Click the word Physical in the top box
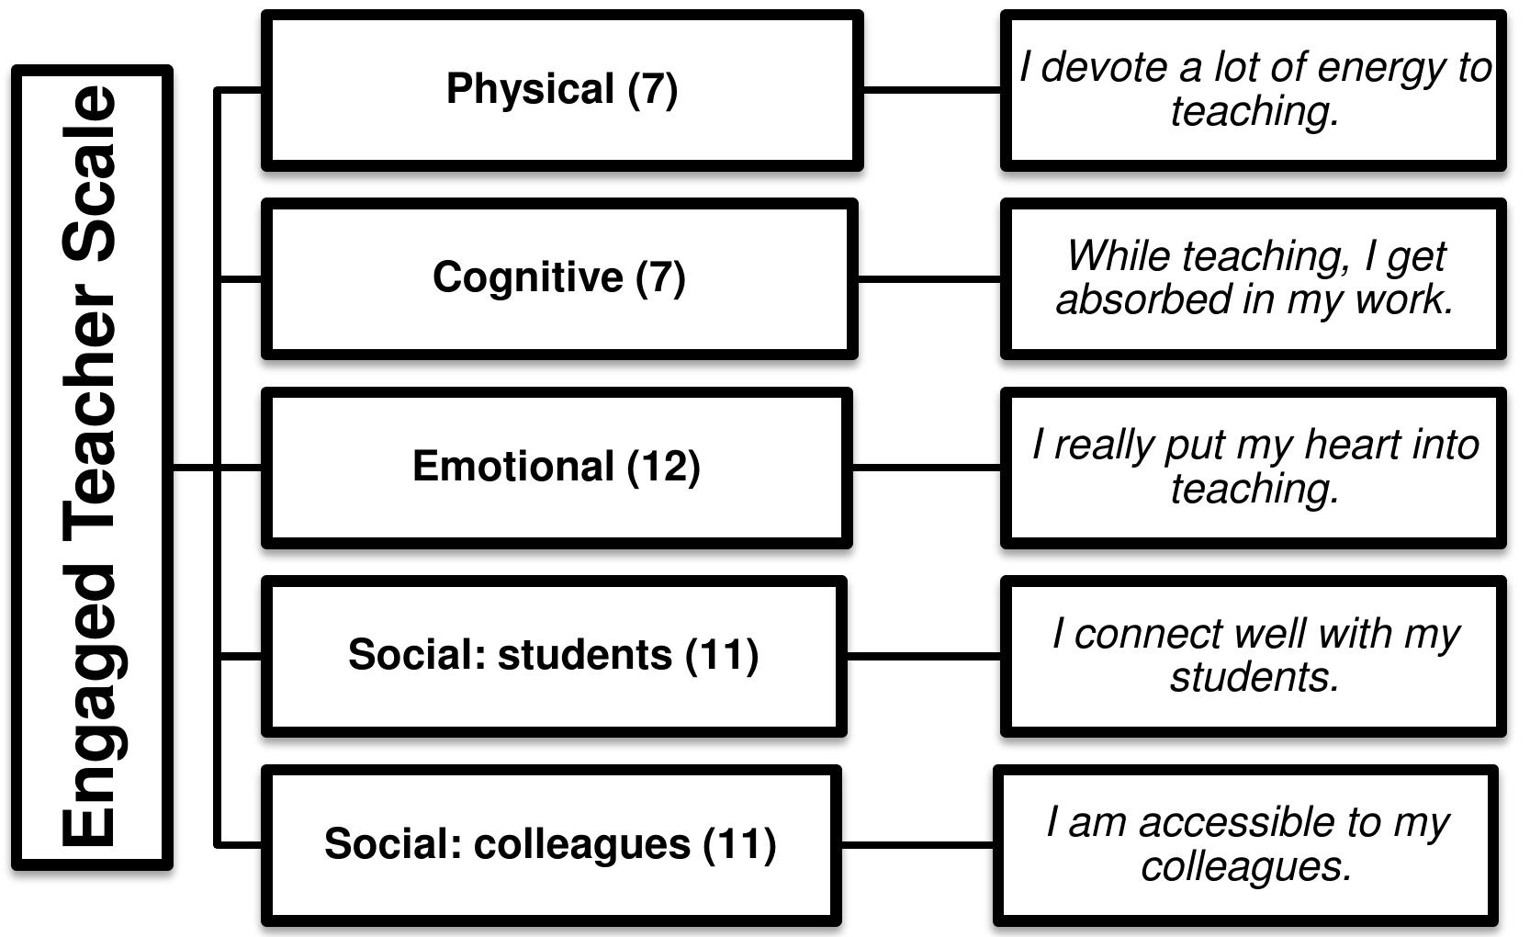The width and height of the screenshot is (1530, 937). (530, 89)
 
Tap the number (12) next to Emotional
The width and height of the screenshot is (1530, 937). (663, 466)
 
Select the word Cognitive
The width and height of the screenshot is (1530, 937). (527, 277)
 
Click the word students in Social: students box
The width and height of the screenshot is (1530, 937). (584, 655)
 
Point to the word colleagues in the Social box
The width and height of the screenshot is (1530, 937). (581, 844)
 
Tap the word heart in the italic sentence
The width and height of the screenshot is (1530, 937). (1354, 445)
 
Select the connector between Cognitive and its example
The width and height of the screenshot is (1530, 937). (928, 278)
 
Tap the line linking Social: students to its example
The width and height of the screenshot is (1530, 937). (922, 656)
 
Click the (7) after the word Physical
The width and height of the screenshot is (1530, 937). (653, 89)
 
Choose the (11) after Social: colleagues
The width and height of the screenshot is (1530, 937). (739, 844)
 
